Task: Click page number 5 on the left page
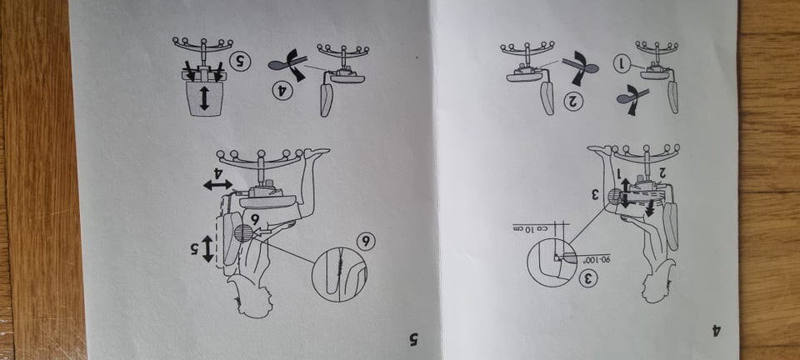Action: [x=414, y=339]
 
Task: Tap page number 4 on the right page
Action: [x=717, y=331]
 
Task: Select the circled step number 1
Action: [x=622, y=64]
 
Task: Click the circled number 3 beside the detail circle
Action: [x=588, y=278]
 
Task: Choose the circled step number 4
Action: [x=282, y=92]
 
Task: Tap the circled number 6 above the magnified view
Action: [x=365, y=241]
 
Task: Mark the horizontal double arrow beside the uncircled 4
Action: [x=217, y=185]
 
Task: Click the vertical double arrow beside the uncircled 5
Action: [x=207, y=249]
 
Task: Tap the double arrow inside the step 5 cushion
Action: [x=204, y=98]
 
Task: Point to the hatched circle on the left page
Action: [x=243, y=233]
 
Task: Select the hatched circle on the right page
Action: [x=616, y=197]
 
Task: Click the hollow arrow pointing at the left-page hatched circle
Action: [x=261, y=232]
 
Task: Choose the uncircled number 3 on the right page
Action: [x=595, y=195]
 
